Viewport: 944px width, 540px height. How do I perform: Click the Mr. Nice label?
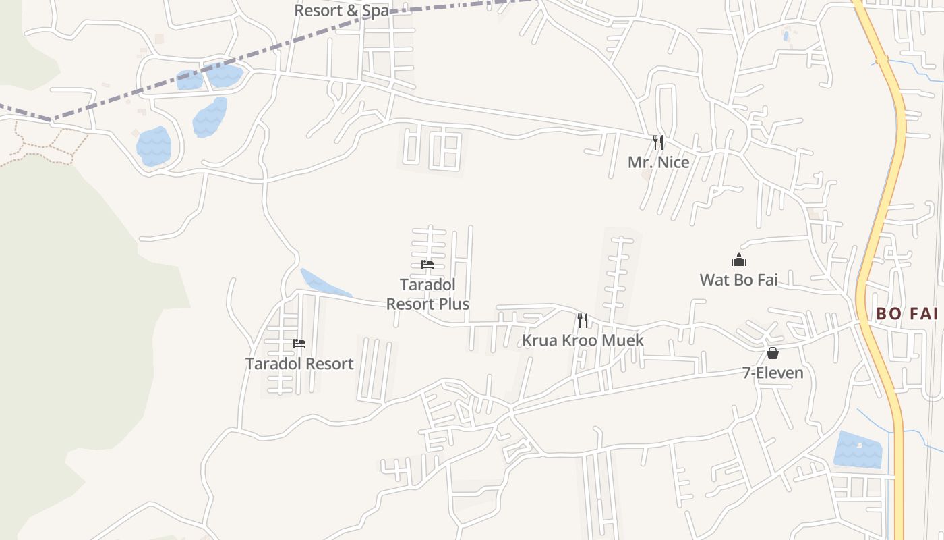tap(658, 163)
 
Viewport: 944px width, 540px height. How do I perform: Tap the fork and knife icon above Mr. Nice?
tap(657, 142)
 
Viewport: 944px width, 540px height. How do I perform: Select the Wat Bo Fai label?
tap(738, 279)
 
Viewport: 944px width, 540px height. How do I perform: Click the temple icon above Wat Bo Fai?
tap(739, 260)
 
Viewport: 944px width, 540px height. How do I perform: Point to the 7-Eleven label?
tap(773, 373)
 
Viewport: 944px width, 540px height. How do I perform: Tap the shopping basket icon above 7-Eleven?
tap(773, 353)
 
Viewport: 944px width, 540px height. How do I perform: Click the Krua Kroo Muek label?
tap(583, 340)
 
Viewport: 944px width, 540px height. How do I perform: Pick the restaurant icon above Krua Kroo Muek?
tap(583, 320)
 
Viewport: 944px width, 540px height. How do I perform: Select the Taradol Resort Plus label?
tap(427, 294)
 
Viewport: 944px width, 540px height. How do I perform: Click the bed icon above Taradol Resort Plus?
tap(427, 265)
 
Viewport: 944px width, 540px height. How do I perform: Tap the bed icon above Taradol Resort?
tap(299, 344)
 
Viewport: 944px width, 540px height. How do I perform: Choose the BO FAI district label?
tap(907, 314)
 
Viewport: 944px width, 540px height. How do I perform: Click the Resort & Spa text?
tap(342, 11)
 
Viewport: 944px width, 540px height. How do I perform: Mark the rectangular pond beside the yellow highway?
tap(857, 449)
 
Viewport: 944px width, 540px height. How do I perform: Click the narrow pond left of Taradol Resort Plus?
tap(324, 283)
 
